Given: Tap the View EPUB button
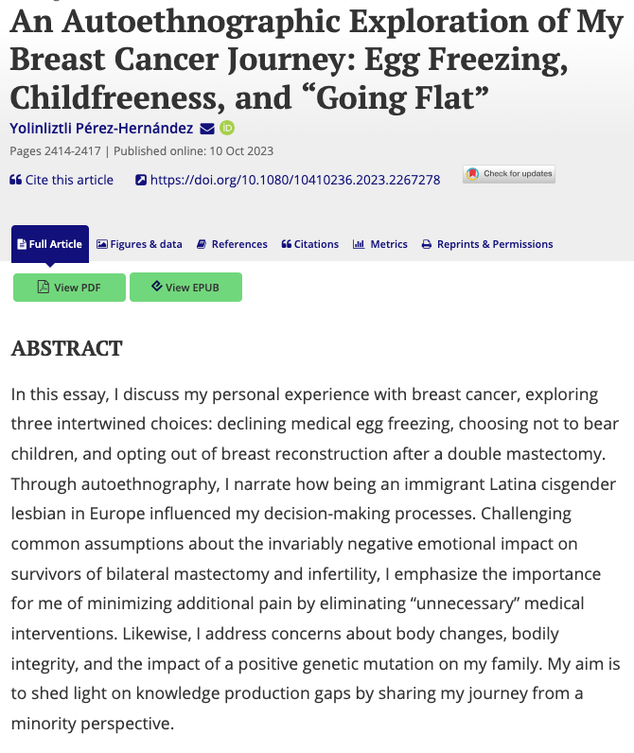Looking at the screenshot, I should [185, 288].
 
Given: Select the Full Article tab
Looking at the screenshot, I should [49, 244].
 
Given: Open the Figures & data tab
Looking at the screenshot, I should [139, 244].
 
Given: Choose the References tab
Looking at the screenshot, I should [232, 244].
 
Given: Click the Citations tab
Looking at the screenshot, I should [309, 244].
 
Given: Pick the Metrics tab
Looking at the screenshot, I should [379, 244].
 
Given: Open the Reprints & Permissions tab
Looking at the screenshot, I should [487, 244].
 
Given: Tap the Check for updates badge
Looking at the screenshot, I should [508, 174].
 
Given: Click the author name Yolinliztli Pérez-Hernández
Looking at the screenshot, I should [101, 128].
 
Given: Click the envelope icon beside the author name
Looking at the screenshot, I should [207, 128].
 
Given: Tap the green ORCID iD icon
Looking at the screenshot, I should [227, 128].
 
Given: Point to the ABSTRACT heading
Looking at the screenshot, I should [66, 348].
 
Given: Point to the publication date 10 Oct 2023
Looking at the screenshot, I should [238, 150].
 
